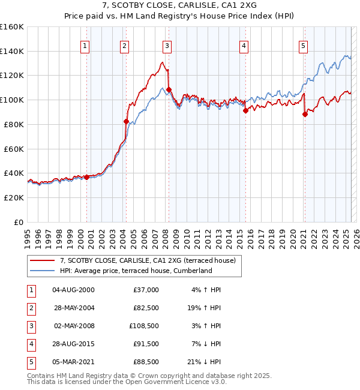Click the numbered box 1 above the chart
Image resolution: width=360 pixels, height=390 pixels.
[85, 45]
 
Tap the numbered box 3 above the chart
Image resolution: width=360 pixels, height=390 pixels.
[167, 45]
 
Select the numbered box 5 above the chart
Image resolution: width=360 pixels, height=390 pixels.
[303, 45]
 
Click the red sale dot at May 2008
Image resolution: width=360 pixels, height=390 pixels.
[169, 89]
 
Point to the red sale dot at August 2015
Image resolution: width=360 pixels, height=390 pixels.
[245, 110]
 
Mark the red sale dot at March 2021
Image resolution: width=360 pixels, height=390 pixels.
[305, 114]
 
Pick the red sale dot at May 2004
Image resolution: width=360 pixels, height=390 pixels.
[126, 121]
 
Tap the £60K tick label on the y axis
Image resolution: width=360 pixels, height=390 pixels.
[14, 149]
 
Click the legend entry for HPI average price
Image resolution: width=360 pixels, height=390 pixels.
[136, 271]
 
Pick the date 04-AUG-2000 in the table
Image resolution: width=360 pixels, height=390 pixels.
[73, 290]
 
